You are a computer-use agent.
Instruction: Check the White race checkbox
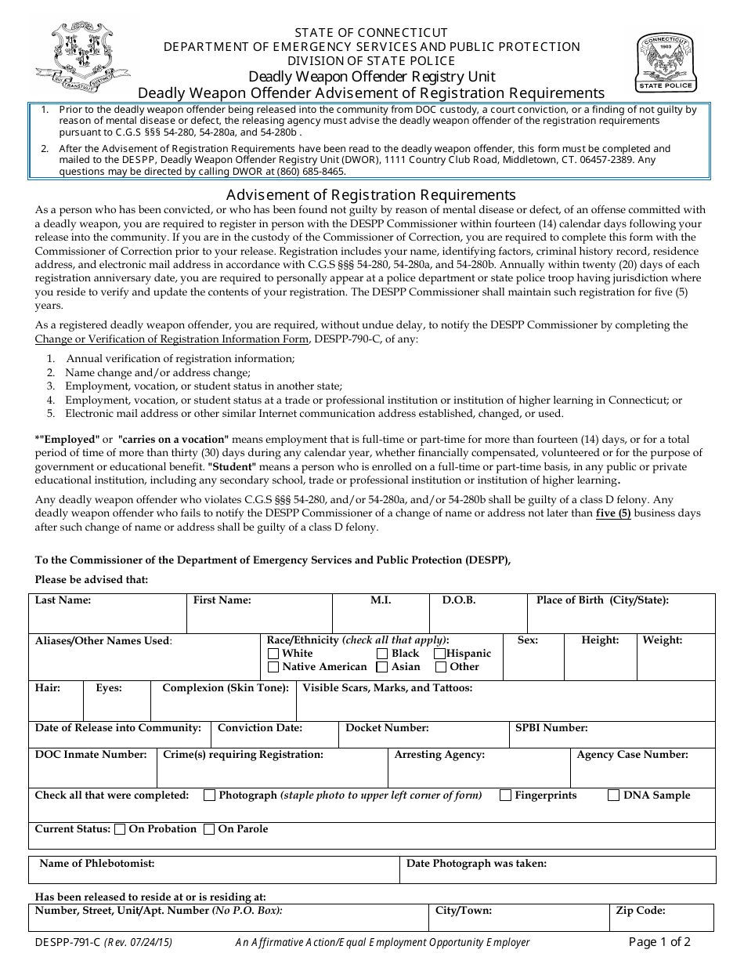[x=273, y=654]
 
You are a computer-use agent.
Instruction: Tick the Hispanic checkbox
[x=440, y=654]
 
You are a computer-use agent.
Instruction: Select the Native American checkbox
[x=273, y=667]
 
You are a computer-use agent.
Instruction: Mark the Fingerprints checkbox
[x=506, y=795]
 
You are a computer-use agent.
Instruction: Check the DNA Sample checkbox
[x=614, y=795]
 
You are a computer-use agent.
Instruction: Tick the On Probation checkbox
[x=120, y=829]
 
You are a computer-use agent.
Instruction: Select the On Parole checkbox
[x=209, y=829]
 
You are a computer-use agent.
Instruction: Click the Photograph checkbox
[x=209, y=795]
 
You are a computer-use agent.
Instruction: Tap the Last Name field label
[x=63, y=600]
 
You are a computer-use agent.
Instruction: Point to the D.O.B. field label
[x=459, y=600]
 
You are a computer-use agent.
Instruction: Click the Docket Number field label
[x=387, y=728]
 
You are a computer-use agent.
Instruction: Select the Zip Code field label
[x=641, y=911]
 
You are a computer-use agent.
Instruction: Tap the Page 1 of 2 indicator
[x=659, y=942]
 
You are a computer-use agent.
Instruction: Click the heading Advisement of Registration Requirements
[x=371, y=194]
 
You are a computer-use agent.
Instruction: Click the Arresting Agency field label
[x=439, y=755]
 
